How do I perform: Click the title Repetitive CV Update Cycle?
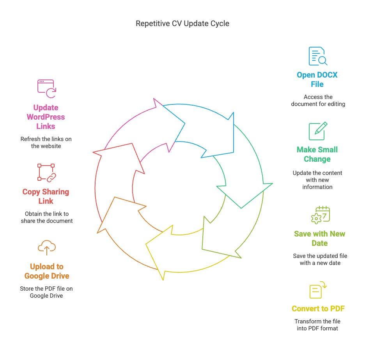coord(182,23)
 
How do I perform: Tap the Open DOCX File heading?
coord(317,79)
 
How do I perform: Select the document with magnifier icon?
coord(318,56)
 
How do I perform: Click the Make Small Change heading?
coord(317,154)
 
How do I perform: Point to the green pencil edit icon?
coord(318,131)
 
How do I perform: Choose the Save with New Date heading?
coord(320,238)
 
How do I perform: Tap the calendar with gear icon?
coord(321,215)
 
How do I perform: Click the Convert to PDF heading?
coord(318,309)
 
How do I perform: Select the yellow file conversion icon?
coord(318,290)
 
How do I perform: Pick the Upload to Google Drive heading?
coord(47,271)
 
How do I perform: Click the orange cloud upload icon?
coord(47,248)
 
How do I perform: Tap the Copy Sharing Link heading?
coord(46,196)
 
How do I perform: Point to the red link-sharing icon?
coord(47,173)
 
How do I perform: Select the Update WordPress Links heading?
coord(46,117)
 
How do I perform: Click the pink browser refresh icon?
coord(47,89)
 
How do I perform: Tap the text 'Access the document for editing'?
coord(318,101)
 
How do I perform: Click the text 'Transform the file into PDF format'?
coord(317,325)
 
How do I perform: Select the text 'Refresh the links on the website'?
coord(46,143)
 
